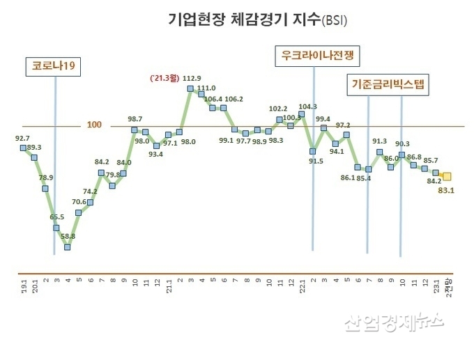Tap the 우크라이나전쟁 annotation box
pyautogui.click(x=312, y=56)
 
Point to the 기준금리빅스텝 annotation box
pyautogui.click(x=388, y=85)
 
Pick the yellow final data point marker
pyautogui.click(x=447, y=177)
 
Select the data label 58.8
pyautogui.click(x=68, y=237)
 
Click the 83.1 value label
pyautogui.click(x=447, y=190)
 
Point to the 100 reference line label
pyautogui.click(x=95, y=125)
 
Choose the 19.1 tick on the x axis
pyautogui.click(x=23, y=285)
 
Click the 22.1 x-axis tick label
pyautogui.click(x=302, y=285)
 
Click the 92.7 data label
pyautogui.click(x=22, y=139)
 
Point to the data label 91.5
pyautogui.click(x=316, y=162)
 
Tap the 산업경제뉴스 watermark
pyautogui.click(x=394, y=320)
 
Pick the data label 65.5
pyautogui.click(x=57, y=217)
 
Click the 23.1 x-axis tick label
pyautogui.click(x=436, y=285)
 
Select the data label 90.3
pyautogui.click(x=402, y=144)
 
